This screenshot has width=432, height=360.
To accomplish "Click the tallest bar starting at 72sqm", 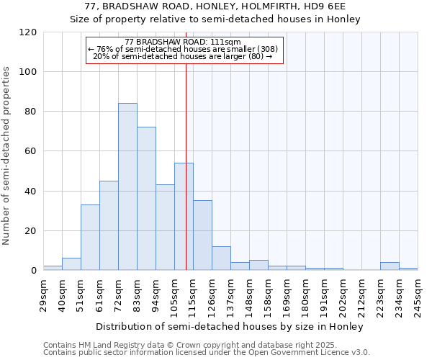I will [x=127, y=186].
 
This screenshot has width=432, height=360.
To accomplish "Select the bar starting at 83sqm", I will [x=146, y=198].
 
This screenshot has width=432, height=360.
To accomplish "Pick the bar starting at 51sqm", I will [x=90, y=237].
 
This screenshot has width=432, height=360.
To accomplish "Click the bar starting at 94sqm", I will [x=165, y=227].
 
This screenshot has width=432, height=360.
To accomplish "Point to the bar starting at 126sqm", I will [x=221, y=258].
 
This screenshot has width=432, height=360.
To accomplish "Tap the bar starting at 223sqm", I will [x=390, y=266].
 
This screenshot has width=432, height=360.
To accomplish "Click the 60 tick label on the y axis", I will [x=31, y=151].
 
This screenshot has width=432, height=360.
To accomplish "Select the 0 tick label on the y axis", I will [x=34, y=271].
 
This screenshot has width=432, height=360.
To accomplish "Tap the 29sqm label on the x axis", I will [x=44, y=295].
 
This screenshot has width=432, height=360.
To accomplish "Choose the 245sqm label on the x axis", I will [x=418, y=295].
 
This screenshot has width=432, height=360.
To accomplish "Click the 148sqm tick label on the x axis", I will [x=249, y=295].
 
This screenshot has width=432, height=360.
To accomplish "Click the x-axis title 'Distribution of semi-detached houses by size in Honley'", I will [x=230, y=326].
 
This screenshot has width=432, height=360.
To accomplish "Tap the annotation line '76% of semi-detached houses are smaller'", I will [x=184, y=49].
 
